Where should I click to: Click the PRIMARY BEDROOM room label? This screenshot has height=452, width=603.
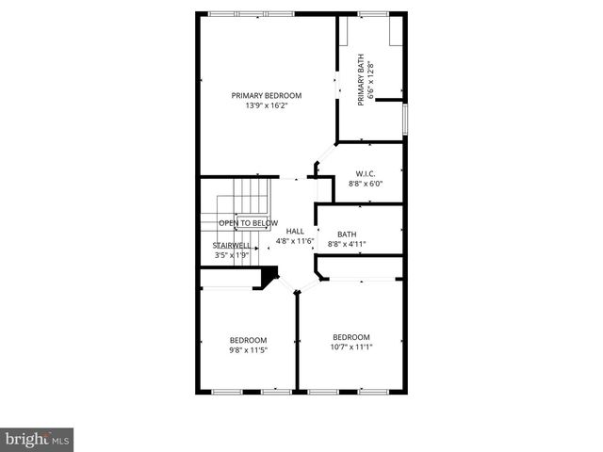pos(267,95)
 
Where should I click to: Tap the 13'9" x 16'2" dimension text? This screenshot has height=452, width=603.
pos(267,105)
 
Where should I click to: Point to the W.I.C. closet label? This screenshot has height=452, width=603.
pos(366,173)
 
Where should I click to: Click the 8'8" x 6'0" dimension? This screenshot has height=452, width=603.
pos(366,184)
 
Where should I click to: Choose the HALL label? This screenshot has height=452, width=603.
pos(295,231)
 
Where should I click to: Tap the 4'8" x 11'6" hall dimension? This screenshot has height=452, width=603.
pos(295,242)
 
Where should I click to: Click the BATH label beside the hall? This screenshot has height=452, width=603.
pos(347,234)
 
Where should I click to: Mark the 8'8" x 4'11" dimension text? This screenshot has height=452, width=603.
pos(347,245)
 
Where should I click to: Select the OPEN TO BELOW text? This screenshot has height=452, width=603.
pos(248,223)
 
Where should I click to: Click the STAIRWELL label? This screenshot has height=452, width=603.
pos(232,245)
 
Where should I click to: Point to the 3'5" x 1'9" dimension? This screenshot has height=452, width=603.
pos(232,255)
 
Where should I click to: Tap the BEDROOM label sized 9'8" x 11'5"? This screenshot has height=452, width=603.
pos(248,340)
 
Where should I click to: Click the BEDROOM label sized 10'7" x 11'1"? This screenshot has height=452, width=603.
pos(351,337)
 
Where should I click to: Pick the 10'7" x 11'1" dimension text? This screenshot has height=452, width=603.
pos(351,347)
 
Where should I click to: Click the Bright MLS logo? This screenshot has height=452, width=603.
pos(37,439)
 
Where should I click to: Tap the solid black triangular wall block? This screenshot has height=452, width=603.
pos(270,277)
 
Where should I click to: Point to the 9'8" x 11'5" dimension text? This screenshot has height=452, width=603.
pos(248,350)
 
